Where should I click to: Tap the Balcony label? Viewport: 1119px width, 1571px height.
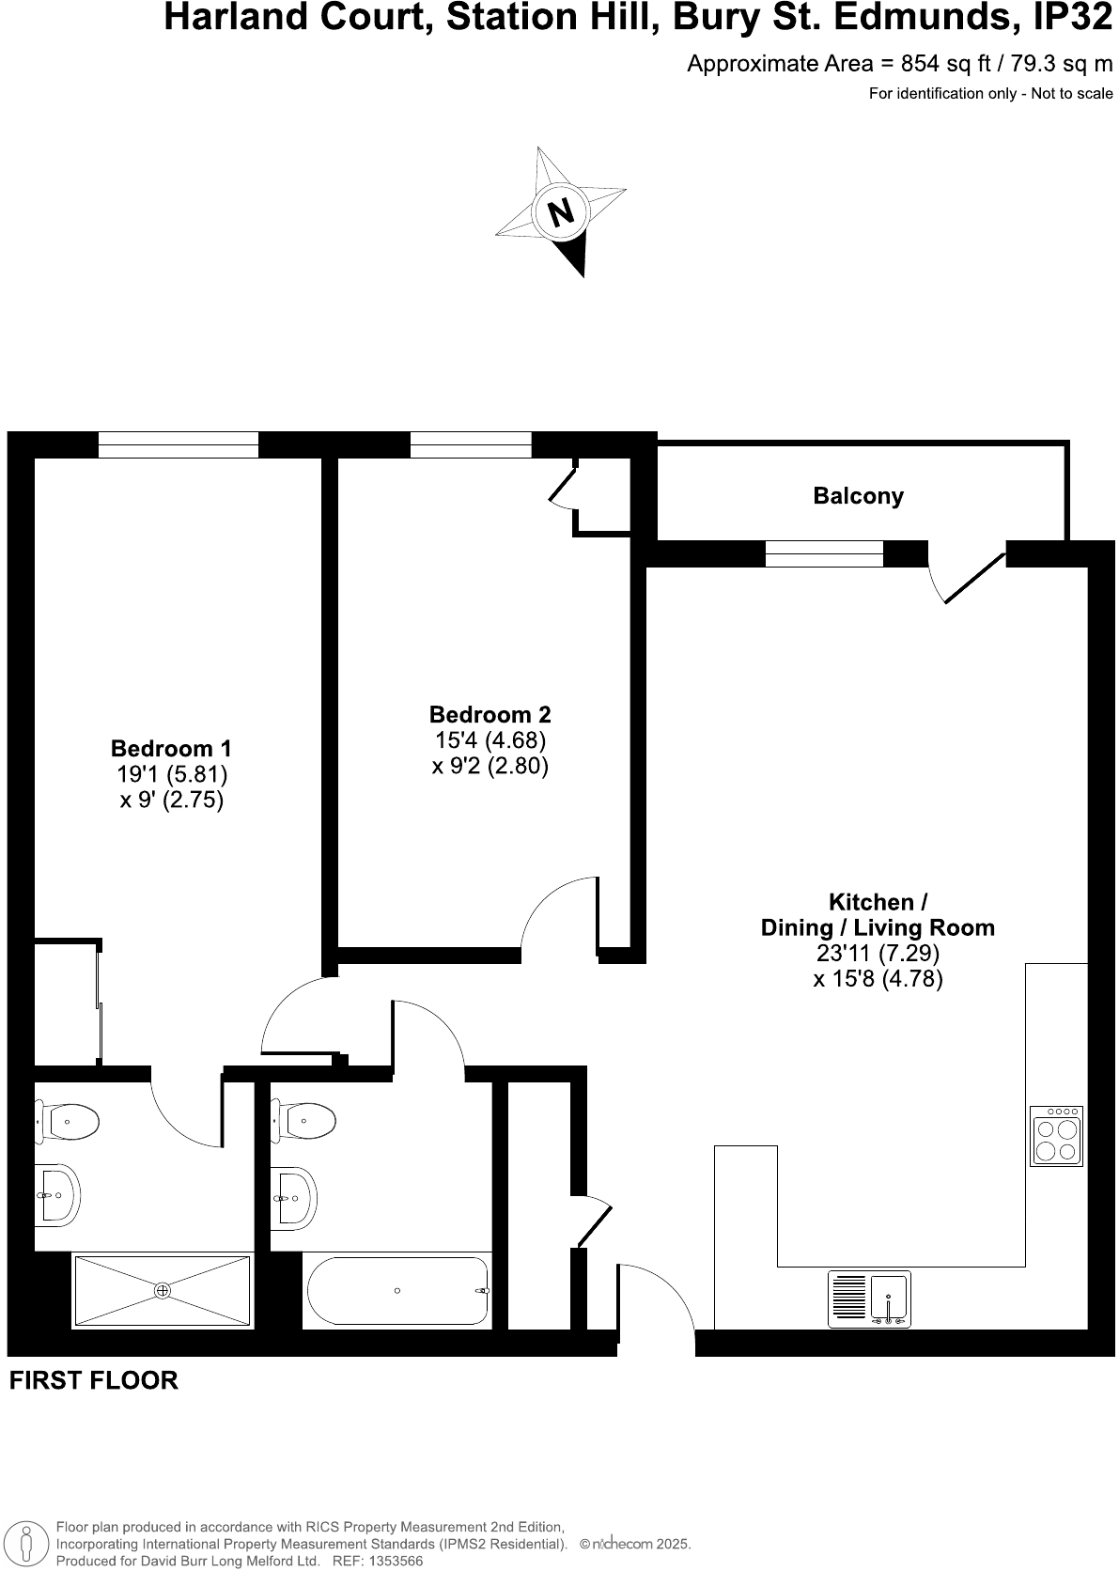(x=858, y=496)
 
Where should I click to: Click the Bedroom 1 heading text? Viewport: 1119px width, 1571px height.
(x=171, y=748)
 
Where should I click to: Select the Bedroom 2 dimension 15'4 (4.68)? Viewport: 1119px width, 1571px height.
(x=490, y=740)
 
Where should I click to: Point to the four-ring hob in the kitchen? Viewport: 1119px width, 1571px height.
(x=1057, y=1135)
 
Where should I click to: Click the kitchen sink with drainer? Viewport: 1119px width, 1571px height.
(x=870, y=1299)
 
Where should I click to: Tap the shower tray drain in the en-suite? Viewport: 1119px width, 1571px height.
(x=163, y=1290)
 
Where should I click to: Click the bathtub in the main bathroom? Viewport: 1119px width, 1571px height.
(x=396, y=1291)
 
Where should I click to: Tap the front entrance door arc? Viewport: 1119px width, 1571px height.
(x=658, y=1297)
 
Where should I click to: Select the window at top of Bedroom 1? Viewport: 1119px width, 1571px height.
(x=178, y=444)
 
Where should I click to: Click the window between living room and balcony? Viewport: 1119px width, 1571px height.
(x=824, y=554)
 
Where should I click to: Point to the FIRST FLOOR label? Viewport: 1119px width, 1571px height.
(x=93, y=1380)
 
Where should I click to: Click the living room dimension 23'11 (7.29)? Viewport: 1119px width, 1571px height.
(x=878, y=953)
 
